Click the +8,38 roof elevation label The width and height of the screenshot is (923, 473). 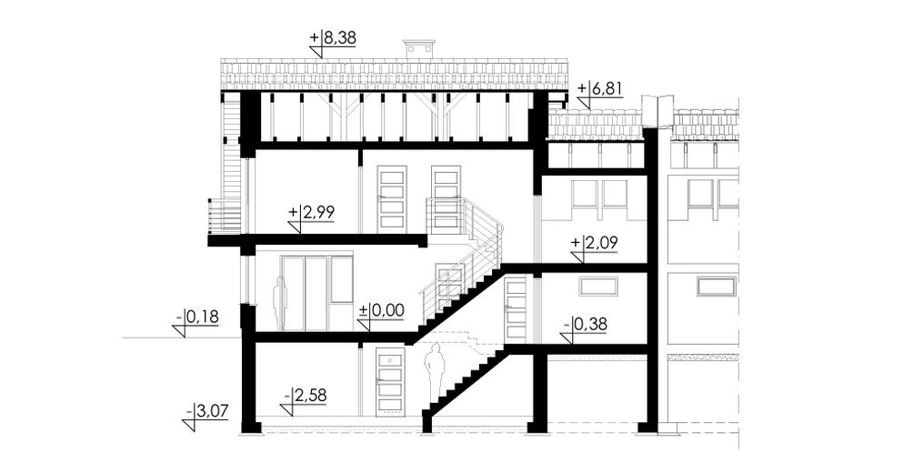pyautogui.click(x=333, y=39)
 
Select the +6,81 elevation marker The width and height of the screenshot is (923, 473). pyautogui.click(x=600, y=89)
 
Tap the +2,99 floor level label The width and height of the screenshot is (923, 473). pyautogui.click(x=312, y=213)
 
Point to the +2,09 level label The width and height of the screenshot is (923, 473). pyautogui.click(x=595, y=243)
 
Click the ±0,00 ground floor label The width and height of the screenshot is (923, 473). pyautogui.click(x=381, y=310)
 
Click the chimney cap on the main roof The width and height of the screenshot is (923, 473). pyautogui.click(x=418, y=43)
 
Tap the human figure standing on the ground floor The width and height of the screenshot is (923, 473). pyautogui.click(x=279, y=305)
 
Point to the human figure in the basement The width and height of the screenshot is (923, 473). pyautogui.click(x=435, y=373)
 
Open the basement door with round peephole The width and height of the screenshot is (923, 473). pyautogui.click(x=390, y=381)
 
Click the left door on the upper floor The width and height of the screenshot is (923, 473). pyautogui.click(x=392, y=199)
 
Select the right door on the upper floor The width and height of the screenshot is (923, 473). pyautogui.click(x=446, y=199)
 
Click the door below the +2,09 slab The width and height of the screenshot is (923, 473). pyautogui.click(x=516, y=309)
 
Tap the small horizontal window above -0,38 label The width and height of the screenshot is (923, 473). pyautogui.click(x=598, y=287)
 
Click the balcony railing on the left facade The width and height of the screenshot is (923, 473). pyautogui.click(x=225, y=215)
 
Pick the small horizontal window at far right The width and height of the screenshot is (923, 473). pyautogui.click(x=717, y=287)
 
